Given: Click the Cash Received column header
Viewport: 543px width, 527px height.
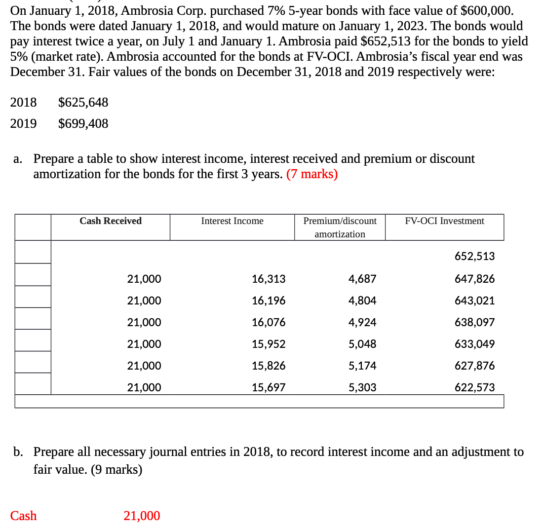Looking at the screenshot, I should (x=111, y=221).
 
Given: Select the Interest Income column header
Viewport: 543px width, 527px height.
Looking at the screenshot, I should (x=232, y=221).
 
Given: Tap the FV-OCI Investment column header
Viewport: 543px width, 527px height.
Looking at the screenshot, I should (x=444, y=221).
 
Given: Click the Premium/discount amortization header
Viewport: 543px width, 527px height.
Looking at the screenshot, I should (x=340, y=227).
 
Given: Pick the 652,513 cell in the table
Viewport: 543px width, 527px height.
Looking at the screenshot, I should (x=474, y=256).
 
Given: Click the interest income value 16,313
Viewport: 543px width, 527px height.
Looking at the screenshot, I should (x=269, y=279).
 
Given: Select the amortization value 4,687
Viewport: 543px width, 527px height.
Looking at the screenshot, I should (x=362, y=279).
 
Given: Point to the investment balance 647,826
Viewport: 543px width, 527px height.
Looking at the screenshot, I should (x=474, y=279).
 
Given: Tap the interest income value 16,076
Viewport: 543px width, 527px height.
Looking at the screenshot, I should (x=269, y=322).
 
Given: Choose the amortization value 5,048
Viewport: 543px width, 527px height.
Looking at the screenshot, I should (x=362, y=344).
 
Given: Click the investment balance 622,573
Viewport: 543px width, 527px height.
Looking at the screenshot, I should (x=474, y=387).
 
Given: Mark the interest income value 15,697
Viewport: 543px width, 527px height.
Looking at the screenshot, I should (x=269, y=387).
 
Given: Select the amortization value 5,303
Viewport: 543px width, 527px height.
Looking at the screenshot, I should (x=362, y=387).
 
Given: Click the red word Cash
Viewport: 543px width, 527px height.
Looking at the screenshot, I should (x=24, y=516).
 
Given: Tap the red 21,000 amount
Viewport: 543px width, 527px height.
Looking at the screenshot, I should (x=142, y=516).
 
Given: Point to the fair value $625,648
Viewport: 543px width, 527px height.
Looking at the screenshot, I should (x=83, y=103).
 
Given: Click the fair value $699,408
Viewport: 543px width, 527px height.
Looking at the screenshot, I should (x=83, y=123).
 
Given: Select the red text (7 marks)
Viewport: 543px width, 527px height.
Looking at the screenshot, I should (x=312, y=175).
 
